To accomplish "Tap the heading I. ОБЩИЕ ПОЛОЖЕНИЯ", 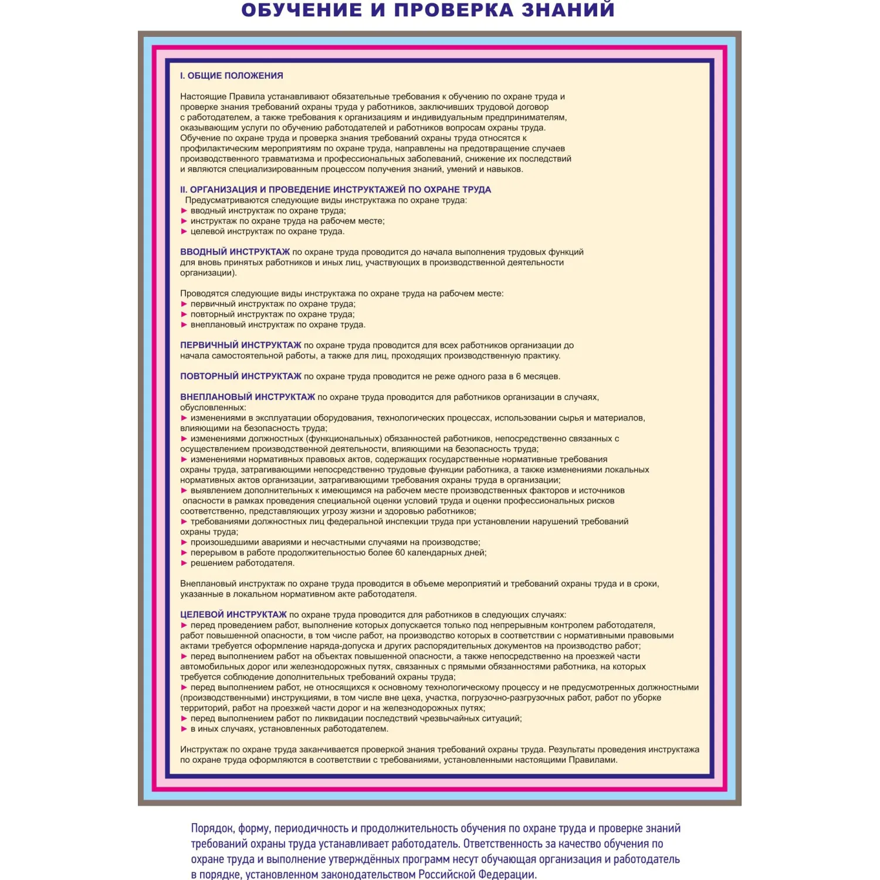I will coord(231,76).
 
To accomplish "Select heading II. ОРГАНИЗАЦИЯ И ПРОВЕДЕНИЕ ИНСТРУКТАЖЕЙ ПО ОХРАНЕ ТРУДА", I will coord(335,189).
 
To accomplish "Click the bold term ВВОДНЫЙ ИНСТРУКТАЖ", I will coord(235,252).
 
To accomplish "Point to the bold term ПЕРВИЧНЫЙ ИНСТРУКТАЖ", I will coord(241,345).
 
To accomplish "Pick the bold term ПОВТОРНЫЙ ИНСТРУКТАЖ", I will coord(241,376).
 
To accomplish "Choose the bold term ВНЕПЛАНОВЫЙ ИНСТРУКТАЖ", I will coord(247,397).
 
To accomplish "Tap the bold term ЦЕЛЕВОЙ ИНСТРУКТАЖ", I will coord(233,615).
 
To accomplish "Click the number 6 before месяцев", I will coord(518,377).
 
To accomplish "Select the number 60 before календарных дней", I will coord(400,553).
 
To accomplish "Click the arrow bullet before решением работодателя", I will coord(184,563).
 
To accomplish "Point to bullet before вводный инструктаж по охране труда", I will coord(184,211).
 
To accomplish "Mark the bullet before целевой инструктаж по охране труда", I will coord(184,231).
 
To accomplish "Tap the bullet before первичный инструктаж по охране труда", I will coord(184,304).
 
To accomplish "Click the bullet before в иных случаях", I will coord(184,729).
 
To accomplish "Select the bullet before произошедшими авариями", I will coord(184,542).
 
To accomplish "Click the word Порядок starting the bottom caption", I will coord(212,828).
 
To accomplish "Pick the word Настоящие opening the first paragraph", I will coord(203,97).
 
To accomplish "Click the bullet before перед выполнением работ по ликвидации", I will coord(184,719).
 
